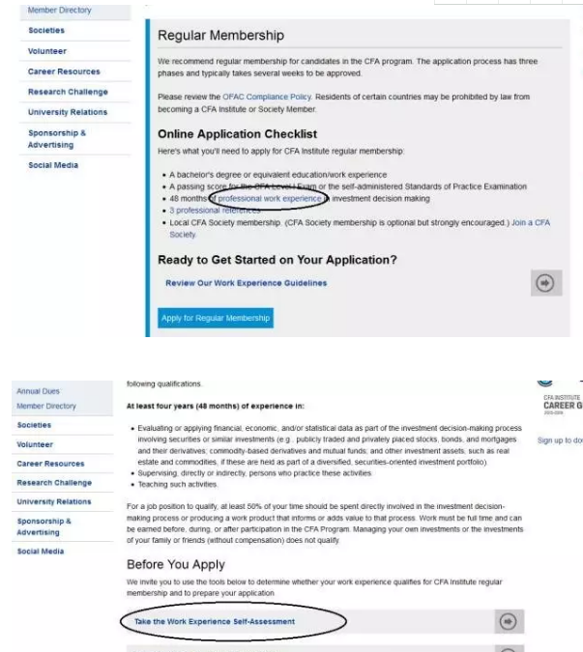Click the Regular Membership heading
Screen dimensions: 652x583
click(220, 36)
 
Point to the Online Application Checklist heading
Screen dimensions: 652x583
click(237, 133)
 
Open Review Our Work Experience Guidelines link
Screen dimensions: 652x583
click(246, 283)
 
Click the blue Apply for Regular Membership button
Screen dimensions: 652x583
click(216, 318)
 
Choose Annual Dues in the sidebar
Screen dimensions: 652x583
click(39, 391)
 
